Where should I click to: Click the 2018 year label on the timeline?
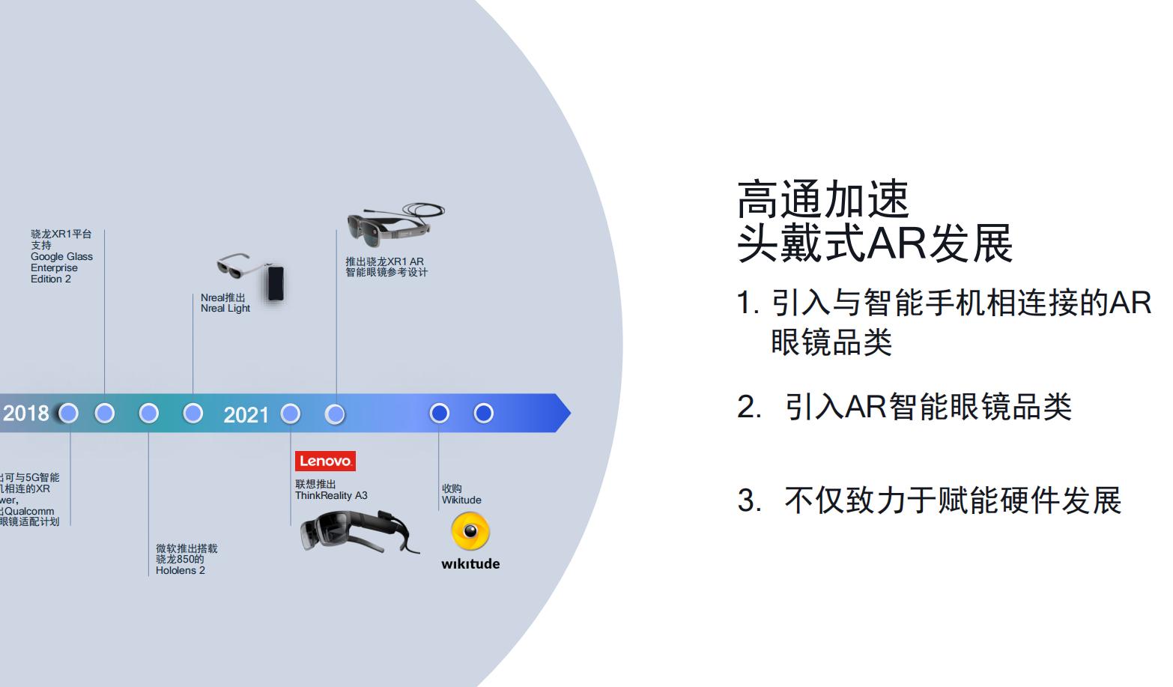26,414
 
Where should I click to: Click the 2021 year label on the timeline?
246,414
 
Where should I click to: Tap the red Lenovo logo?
325,461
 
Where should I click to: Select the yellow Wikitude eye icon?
470,532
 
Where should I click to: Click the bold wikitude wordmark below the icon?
470,564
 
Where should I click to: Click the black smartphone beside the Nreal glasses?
276,283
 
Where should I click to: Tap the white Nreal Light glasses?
240,266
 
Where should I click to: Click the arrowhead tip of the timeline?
566,413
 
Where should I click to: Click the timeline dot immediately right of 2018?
68,413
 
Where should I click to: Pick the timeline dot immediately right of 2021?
290,414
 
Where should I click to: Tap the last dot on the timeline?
484,413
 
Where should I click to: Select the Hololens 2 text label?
180,570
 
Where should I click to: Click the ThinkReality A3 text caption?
331,495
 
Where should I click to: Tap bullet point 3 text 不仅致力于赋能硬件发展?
952,500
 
